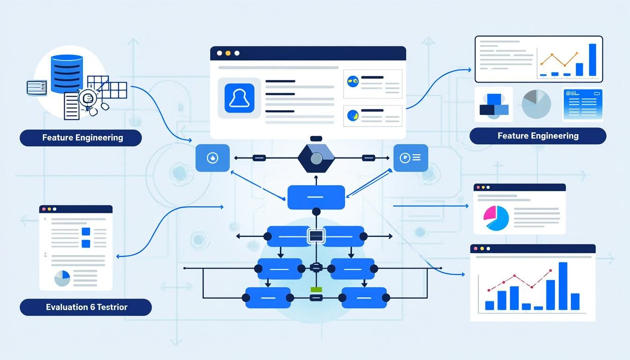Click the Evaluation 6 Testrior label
coord(86,307)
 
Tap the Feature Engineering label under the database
coord(81,138)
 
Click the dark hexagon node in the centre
coord(316,158)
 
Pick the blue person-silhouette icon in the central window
coord(239,98)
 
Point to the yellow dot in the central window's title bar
coord(228,53)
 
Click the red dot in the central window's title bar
coord(219,53)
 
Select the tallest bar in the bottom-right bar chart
coord(563,286)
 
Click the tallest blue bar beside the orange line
coord(592,60)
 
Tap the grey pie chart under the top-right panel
coord(536,104)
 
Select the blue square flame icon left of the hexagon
coord(212,158)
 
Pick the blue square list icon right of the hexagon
coord(410,158)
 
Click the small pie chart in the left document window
coord(62,278)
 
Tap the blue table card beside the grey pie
coord(582,105)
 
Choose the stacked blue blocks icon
coord(494,105)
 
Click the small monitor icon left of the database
coord(37,87)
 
